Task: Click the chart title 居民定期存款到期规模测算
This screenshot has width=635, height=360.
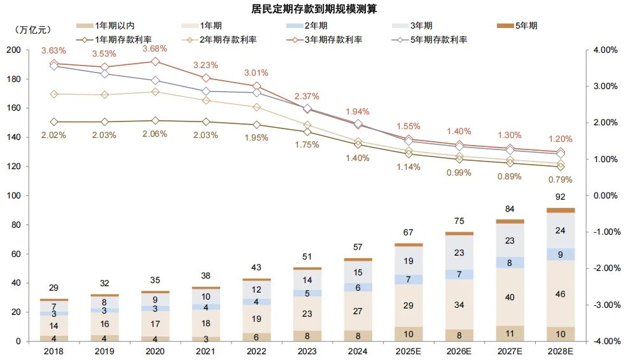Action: [x=317, y=9]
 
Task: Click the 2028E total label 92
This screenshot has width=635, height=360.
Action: [x=560, y=197]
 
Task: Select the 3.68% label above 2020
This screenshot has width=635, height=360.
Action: [x=155, y=48]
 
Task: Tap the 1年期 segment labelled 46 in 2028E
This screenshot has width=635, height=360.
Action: [x=560, y=294]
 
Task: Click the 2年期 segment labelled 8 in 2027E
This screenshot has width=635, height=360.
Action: [x=510, y=262]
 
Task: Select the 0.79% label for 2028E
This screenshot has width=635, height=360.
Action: [x=560, y=182]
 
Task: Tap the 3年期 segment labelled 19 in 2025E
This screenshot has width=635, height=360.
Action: [x=408, y=261]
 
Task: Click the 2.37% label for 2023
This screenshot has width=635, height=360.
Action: [x=307, y=96]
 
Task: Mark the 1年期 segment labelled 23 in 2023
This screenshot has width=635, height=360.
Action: [x=307, y=314]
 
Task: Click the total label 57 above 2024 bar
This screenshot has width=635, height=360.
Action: [x=358, y=247]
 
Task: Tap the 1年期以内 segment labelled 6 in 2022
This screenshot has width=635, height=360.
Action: [x=256, y=337]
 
